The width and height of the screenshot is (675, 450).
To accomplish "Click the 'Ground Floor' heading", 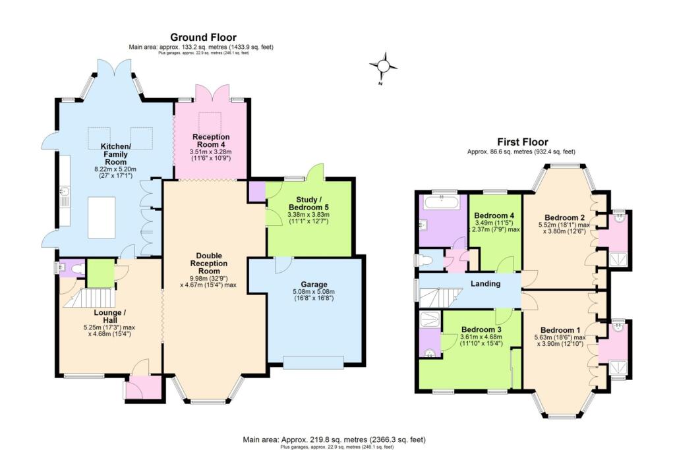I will click(x=203, y=38).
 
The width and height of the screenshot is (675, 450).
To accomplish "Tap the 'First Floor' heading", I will click(x=522, y=142).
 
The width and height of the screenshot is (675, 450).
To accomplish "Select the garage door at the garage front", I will click(x=313, y=361).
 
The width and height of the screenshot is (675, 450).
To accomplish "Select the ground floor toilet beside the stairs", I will click(x=77, y=268).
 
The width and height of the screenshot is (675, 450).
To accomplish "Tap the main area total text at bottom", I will click(x=337, y=439).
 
